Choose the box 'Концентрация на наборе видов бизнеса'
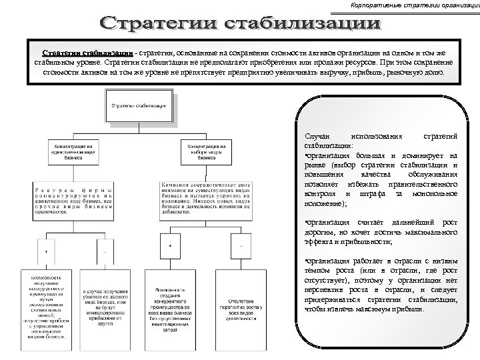pyautogui.click(x=207, y=151)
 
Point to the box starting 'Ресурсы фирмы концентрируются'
pyautogui.click(x=74, y=197)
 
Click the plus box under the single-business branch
pyautogui.click(x=46, y=253)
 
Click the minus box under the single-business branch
pyautogui.click(x=105, y=253)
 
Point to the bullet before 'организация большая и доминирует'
pyautogui.click(x=305, y=155)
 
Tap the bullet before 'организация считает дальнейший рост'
pyautogui.click(x=305, y=222)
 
